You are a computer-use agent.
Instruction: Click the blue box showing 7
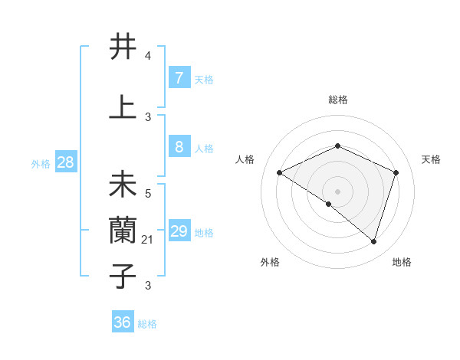[x=179, y=77]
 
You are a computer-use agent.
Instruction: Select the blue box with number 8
[x=179, y=148]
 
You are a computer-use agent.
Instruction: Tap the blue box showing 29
[x=179, y=232]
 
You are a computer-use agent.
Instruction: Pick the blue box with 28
[x=65, y=162]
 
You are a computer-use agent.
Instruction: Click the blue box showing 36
[x=123, y=322]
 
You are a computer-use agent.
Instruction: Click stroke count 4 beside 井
[x=148, y=56]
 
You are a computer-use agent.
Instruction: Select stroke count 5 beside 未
[x=148, y=194]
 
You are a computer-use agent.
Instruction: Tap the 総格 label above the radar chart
[x=338, y=100]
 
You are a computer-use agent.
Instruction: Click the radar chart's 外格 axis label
[x=270, y=262]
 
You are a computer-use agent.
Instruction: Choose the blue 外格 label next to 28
[x=40, y=163]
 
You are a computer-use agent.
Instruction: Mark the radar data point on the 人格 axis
[x=280, y=172]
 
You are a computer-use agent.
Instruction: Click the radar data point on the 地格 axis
[x=374, y=241]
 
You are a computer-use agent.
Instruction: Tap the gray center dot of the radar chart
[x=337, y=191]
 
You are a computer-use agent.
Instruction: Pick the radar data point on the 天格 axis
[x=396, y=172]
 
